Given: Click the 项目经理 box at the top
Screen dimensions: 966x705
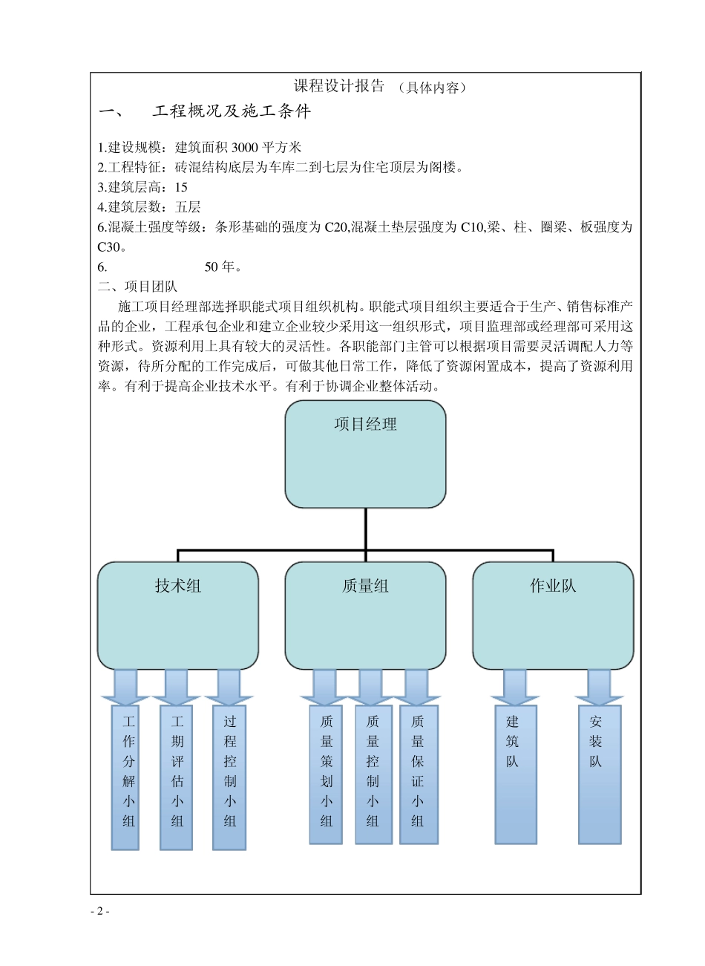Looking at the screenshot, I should (365, 454).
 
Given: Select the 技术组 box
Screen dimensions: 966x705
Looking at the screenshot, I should (178, 615).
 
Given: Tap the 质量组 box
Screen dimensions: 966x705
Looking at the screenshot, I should (365, 615).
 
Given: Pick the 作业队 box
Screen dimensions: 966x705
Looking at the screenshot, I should (553, 615).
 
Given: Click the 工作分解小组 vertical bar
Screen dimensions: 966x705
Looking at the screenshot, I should (126, 777).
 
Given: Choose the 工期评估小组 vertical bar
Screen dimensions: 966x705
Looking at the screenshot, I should (177, 777).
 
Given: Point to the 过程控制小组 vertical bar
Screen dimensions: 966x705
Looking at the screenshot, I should (229, 777).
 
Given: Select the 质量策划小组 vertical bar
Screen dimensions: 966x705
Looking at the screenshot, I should (326, 774).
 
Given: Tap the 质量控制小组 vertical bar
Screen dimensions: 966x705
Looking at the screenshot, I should (373, 774).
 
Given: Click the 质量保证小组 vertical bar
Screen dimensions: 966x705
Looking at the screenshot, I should (418, 774).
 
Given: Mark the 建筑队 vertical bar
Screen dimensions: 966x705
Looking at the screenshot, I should (515, 774).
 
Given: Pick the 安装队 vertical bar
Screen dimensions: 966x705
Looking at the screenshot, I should (599, 774).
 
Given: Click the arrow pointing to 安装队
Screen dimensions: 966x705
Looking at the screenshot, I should (599, 688).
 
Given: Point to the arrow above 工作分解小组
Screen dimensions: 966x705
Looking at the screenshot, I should (126, 688).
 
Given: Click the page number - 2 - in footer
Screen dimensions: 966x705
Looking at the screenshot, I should (99, 911).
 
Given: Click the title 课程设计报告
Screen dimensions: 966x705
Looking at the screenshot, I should (339, 86).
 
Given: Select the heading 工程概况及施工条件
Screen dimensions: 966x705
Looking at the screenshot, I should (232, 112).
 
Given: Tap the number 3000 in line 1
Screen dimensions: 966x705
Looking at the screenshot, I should (244, 147).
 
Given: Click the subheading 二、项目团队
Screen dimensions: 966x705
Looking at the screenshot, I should (137, 287).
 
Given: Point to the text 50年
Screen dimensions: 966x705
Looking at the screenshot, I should (223, 267).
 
